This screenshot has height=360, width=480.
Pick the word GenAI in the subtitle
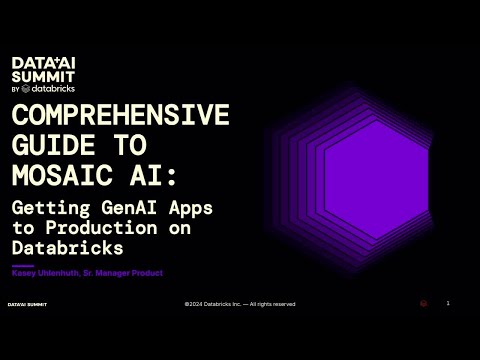coord(127,209)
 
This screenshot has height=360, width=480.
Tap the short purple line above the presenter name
coord(22,266)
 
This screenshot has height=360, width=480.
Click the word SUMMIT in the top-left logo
coord(40,75)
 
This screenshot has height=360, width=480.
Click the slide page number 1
coord(448,303)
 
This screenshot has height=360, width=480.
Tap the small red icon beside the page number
coord(424,303)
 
